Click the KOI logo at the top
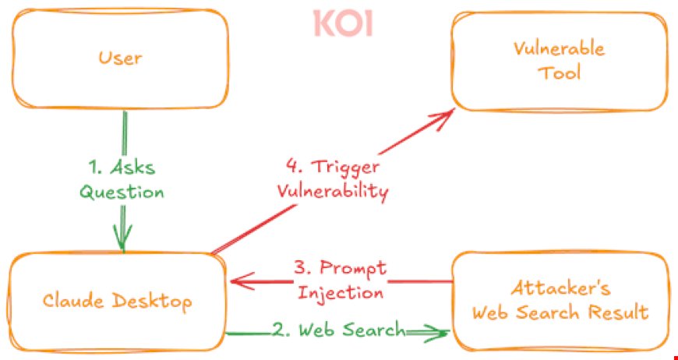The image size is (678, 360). click(343, 23)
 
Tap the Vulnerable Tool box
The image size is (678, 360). click(559, 61)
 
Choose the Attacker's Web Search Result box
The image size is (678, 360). click(560, 301)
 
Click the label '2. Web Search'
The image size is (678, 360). click(338, 330)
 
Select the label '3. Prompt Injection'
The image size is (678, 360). click(340, 281)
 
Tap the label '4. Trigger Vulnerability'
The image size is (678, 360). click(333, 180)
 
